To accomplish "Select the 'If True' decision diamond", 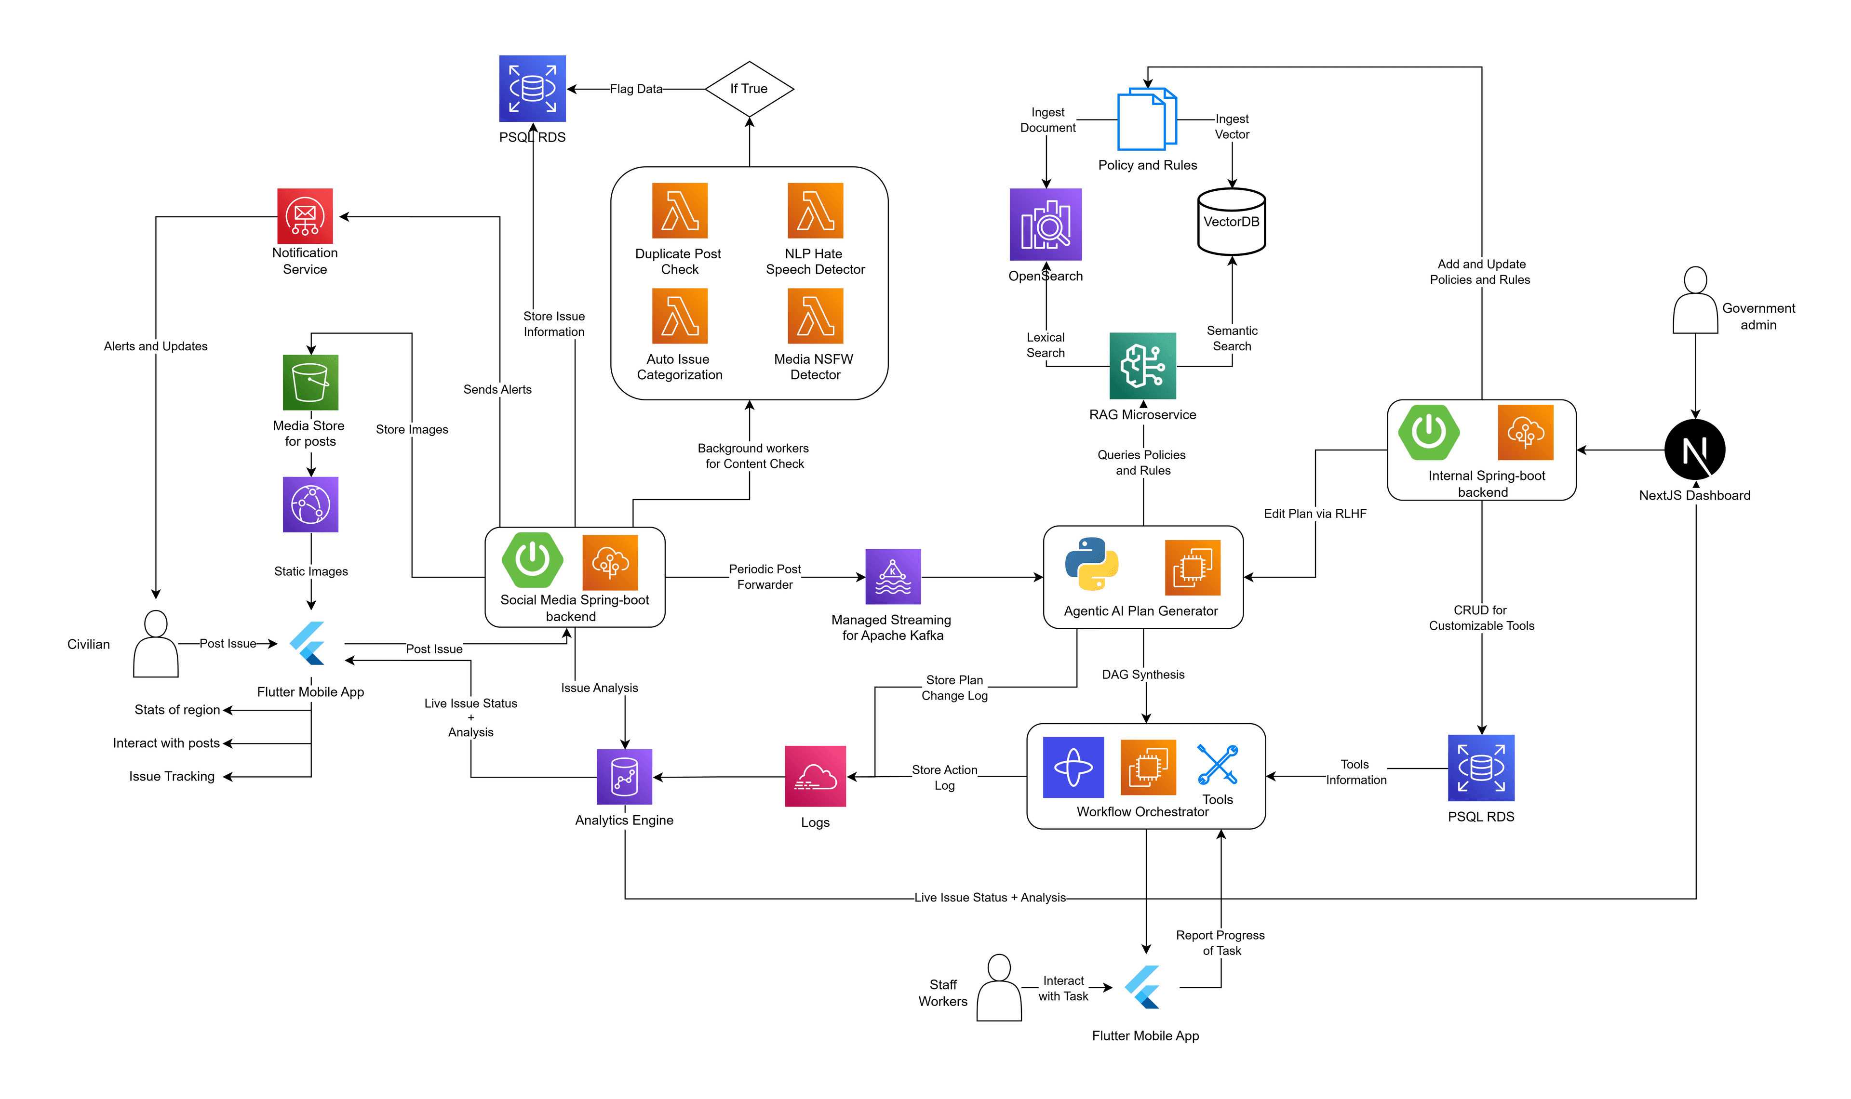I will [749, 89].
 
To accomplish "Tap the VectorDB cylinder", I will [1231, 222].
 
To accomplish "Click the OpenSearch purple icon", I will [1045, 225].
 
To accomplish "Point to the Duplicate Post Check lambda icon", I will [679, 211].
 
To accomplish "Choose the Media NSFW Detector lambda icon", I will [815, 316].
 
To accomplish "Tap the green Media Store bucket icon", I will [310, 382].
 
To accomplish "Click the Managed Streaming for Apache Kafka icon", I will [893, 576].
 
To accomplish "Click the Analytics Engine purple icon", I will [624, 776].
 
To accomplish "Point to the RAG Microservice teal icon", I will [1142, 366].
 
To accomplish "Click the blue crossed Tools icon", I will [1217, 764].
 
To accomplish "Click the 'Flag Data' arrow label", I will [635, 89].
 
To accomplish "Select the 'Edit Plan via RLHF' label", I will [1314, 513].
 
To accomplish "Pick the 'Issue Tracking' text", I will [172, 776].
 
